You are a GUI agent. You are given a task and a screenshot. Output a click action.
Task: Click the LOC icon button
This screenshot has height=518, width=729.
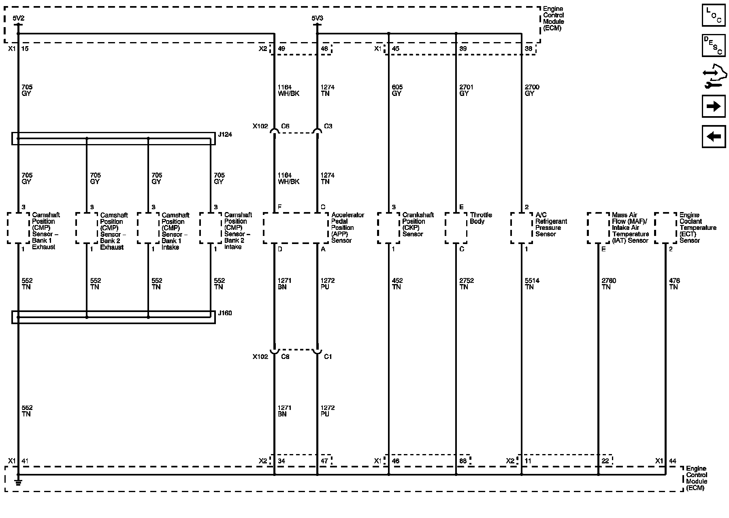(x=714, y=15)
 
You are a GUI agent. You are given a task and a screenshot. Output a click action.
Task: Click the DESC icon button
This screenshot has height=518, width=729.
(x=714, y=45)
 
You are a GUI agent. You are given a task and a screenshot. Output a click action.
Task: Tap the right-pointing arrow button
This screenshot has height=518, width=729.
(x=714, y=106)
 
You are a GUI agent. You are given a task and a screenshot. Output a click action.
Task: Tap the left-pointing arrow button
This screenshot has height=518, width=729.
(x=714, y=136)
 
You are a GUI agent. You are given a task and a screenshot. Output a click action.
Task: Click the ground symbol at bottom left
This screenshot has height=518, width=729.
(x=18, y=482)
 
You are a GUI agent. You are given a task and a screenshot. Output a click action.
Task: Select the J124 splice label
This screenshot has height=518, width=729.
(x=225, y=134)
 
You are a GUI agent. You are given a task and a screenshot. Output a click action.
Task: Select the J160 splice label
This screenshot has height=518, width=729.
(x=225, y=313)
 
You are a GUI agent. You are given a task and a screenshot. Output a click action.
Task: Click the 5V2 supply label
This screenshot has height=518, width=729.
(x=19, y=18)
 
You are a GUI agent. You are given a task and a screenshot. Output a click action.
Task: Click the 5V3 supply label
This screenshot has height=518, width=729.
(x=317, y=18)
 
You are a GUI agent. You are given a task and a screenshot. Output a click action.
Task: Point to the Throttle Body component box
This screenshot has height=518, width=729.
(x=456, y=228)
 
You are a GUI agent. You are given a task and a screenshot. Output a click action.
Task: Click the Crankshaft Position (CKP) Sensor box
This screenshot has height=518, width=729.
(x=388, y=228)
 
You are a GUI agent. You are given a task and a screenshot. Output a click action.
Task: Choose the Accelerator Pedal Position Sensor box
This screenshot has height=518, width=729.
(x=296, y=228)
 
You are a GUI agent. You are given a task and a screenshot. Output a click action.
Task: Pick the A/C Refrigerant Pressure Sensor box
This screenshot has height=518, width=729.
(x=522, y=228)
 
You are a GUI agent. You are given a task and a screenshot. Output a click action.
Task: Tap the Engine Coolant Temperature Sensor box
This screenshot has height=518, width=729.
(x=665, y=228)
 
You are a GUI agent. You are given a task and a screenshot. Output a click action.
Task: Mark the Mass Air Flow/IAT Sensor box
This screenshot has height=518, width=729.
(x=598, y=228)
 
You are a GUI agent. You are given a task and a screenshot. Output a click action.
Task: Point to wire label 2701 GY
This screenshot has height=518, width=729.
(x=466, y=90)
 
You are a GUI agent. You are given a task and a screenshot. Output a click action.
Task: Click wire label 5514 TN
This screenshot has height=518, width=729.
(x=532, y=284)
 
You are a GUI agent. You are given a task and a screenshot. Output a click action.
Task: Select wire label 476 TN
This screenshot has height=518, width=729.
(x=674, y=284)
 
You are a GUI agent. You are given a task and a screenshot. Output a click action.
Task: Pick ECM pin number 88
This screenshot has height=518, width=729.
(x=463, y=461)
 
